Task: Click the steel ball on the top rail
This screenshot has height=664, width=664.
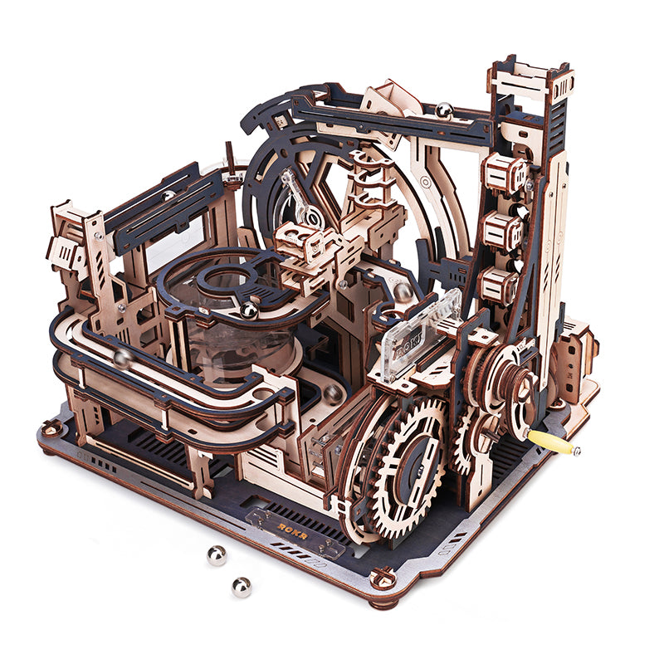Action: (445, 110)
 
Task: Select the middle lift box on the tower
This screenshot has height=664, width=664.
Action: (501, 230)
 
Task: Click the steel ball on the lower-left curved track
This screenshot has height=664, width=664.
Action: (122, 359)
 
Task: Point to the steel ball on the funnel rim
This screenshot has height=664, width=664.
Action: (248, 310)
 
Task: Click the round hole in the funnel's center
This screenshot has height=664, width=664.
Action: (224, 276)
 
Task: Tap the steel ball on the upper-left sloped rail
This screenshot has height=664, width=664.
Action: (169, 196)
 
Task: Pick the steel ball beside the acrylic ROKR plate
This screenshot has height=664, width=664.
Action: (401, 290)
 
